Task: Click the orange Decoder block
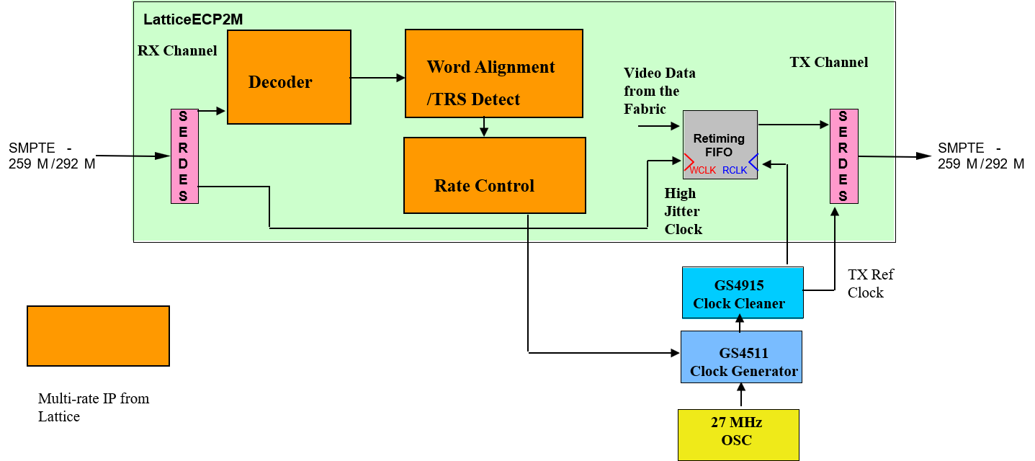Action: click(289, 77)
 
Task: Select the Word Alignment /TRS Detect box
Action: click(493, 73)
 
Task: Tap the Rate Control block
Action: click(494, 176)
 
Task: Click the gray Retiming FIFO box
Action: click(720, 144)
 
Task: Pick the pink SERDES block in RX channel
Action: click(184, 156)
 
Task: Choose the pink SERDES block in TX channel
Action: click(843, 156)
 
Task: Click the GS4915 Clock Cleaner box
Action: click(742, 293)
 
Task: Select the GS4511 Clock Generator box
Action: click(741, 357)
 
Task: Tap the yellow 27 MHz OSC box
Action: click(738, 434)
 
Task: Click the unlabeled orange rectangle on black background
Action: click(98, 336)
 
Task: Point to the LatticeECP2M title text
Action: click(193, 19)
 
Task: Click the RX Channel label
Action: click(177, 50)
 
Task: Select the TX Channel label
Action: click(828, 62)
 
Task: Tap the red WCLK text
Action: click(702, 171)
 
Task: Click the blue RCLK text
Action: click(735, 171)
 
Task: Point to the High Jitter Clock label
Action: click(683, 211)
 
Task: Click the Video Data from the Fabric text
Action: click(659, 91)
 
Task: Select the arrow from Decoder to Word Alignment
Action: click(377, 78)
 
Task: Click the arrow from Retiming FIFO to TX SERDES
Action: click(793, 125)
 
